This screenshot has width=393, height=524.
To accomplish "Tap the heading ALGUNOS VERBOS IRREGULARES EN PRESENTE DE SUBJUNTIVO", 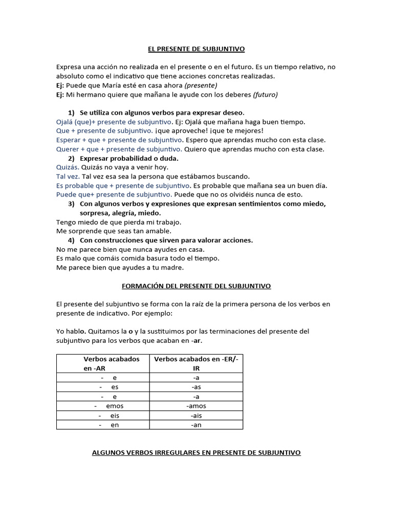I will (196, 453).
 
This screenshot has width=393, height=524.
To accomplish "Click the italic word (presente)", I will (201, 85).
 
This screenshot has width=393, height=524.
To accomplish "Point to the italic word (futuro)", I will (265, 95).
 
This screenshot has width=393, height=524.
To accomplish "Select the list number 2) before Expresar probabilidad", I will (72, 158).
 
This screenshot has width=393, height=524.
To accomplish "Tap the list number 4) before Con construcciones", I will (72, 240).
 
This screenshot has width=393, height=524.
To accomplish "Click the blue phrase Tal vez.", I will (68, 177).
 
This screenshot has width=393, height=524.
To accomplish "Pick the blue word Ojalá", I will (66, 122).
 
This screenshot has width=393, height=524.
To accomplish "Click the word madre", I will (171, 268).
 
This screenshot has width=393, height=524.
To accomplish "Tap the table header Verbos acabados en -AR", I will (104, 363).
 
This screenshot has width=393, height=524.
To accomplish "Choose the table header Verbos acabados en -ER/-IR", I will (196, 363).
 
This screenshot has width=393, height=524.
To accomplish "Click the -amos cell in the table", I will (196, 406).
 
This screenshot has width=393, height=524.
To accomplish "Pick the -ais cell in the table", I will (196, 416).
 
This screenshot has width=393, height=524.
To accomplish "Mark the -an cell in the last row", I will (196, 425).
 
